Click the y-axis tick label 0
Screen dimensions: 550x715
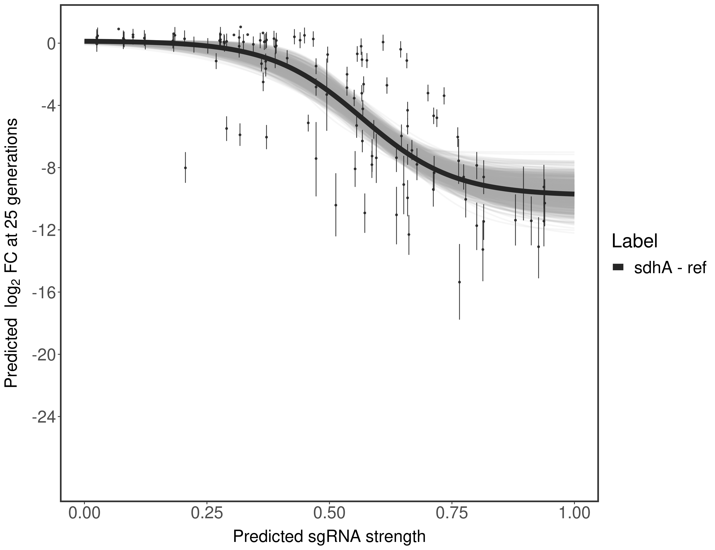tap(51, 44)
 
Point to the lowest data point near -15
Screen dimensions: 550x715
tap(459, 282)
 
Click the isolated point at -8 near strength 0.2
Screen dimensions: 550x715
tap(185, 168)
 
